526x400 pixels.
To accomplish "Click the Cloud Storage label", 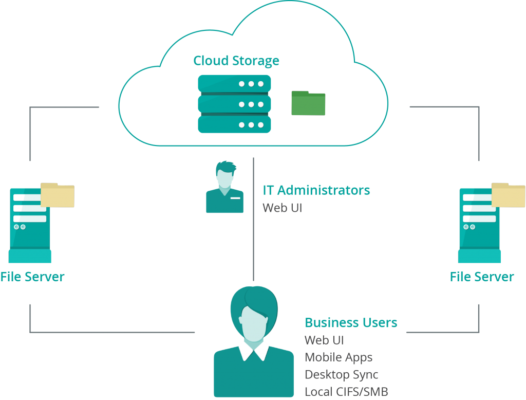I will [x=236, y=61].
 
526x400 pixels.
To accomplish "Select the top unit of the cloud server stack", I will [x=234, y=83].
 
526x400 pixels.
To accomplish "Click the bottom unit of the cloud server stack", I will [x=234, y=124].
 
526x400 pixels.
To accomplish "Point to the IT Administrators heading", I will [x=316, y=190].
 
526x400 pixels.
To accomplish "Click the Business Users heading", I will [x=351, y=323].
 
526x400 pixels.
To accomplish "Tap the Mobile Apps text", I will [x=339, y=357].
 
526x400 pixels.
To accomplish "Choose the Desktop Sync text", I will [x=342, y=374].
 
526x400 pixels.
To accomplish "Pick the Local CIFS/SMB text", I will [x=347, y=391].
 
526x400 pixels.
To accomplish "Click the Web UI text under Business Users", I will [x=324, y=340].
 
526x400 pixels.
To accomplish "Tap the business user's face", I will [x=253, y=321].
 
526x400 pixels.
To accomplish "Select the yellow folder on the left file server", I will [x=58, y=195].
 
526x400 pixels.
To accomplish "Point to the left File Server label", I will [x=32, y=277].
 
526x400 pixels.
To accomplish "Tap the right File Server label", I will [x=482, y=277].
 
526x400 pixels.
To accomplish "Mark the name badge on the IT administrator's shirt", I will [x=236, y=198].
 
